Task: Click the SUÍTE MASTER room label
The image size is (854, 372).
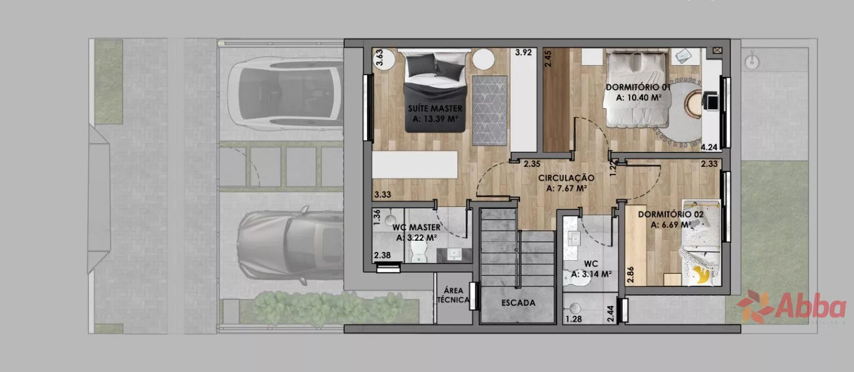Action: (435, 109)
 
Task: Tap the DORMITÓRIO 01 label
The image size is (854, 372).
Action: (638, 87)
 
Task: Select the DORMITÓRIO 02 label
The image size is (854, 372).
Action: (671, 214)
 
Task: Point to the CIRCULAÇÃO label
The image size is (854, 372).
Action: (566, 178)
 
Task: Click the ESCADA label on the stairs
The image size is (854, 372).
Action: (518, 303)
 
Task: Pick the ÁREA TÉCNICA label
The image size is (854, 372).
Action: (453, 295)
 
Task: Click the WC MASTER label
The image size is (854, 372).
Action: (416, 228)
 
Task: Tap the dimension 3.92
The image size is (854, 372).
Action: (523, 53)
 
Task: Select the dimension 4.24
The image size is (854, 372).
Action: (709, 147)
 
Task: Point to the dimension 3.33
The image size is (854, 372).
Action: (383, 194)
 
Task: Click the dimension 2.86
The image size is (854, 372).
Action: (631, 274)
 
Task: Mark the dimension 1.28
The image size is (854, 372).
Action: (573, 319)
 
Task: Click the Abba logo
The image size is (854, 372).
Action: (791, 307)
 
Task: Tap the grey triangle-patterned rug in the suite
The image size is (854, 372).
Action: (490, 111)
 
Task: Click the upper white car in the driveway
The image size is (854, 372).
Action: (286, 94)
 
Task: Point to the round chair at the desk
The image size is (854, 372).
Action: (694, 103)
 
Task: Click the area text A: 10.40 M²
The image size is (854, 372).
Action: (638, 98)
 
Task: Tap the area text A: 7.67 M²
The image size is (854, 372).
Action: (566, 188)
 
